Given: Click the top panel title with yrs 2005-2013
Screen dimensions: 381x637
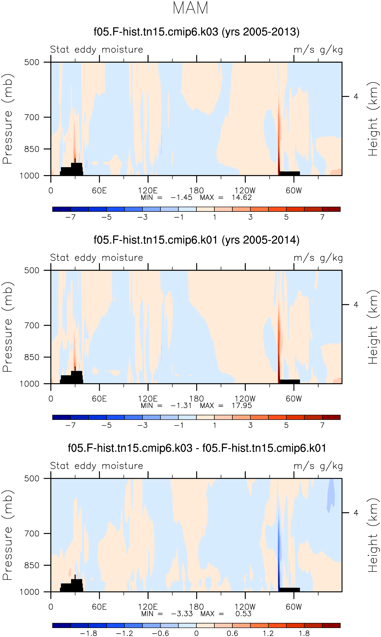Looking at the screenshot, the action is tap(196, 32).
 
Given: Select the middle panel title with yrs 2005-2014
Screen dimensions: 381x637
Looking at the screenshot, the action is tap(196, 240).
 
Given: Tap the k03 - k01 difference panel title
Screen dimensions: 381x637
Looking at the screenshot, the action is tap(197, 448).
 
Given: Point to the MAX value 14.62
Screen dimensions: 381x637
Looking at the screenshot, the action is tap(242, 197).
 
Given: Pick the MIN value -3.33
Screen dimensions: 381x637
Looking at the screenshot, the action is tap(182, 614).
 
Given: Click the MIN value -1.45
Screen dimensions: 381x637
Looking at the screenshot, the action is tap(181, 197).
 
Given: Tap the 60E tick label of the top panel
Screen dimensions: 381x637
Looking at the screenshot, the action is tap(99, 191).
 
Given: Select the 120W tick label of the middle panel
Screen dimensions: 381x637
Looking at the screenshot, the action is tap(245, 398).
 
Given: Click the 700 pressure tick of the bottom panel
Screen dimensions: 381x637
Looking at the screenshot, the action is tap(32, 534).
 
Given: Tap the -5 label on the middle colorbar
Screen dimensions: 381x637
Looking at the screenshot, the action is tap(107, 425).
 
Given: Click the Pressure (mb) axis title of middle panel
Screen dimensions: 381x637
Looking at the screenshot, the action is tap(8, 327).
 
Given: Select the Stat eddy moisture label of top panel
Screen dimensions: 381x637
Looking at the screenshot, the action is tap(97, 49).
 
